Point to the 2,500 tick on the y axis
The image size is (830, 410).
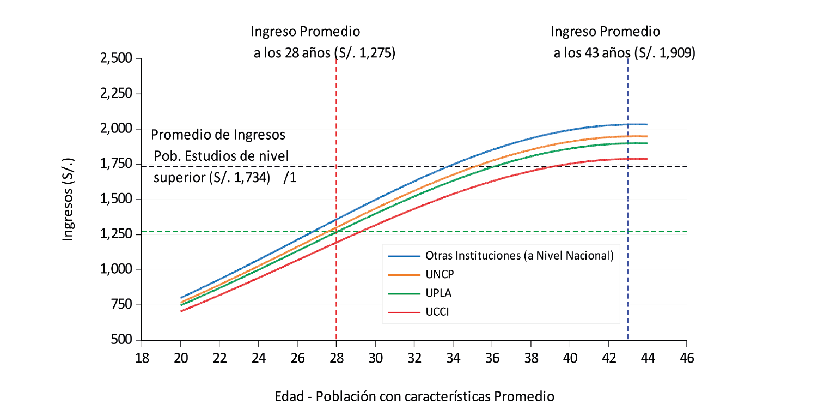pos(117,58)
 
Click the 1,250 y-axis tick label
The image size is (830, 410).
pos(117,234)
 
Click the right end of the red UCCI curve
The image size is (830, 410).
pos(646,159)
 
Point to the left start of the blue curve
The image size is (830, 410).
pos(181,298)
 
